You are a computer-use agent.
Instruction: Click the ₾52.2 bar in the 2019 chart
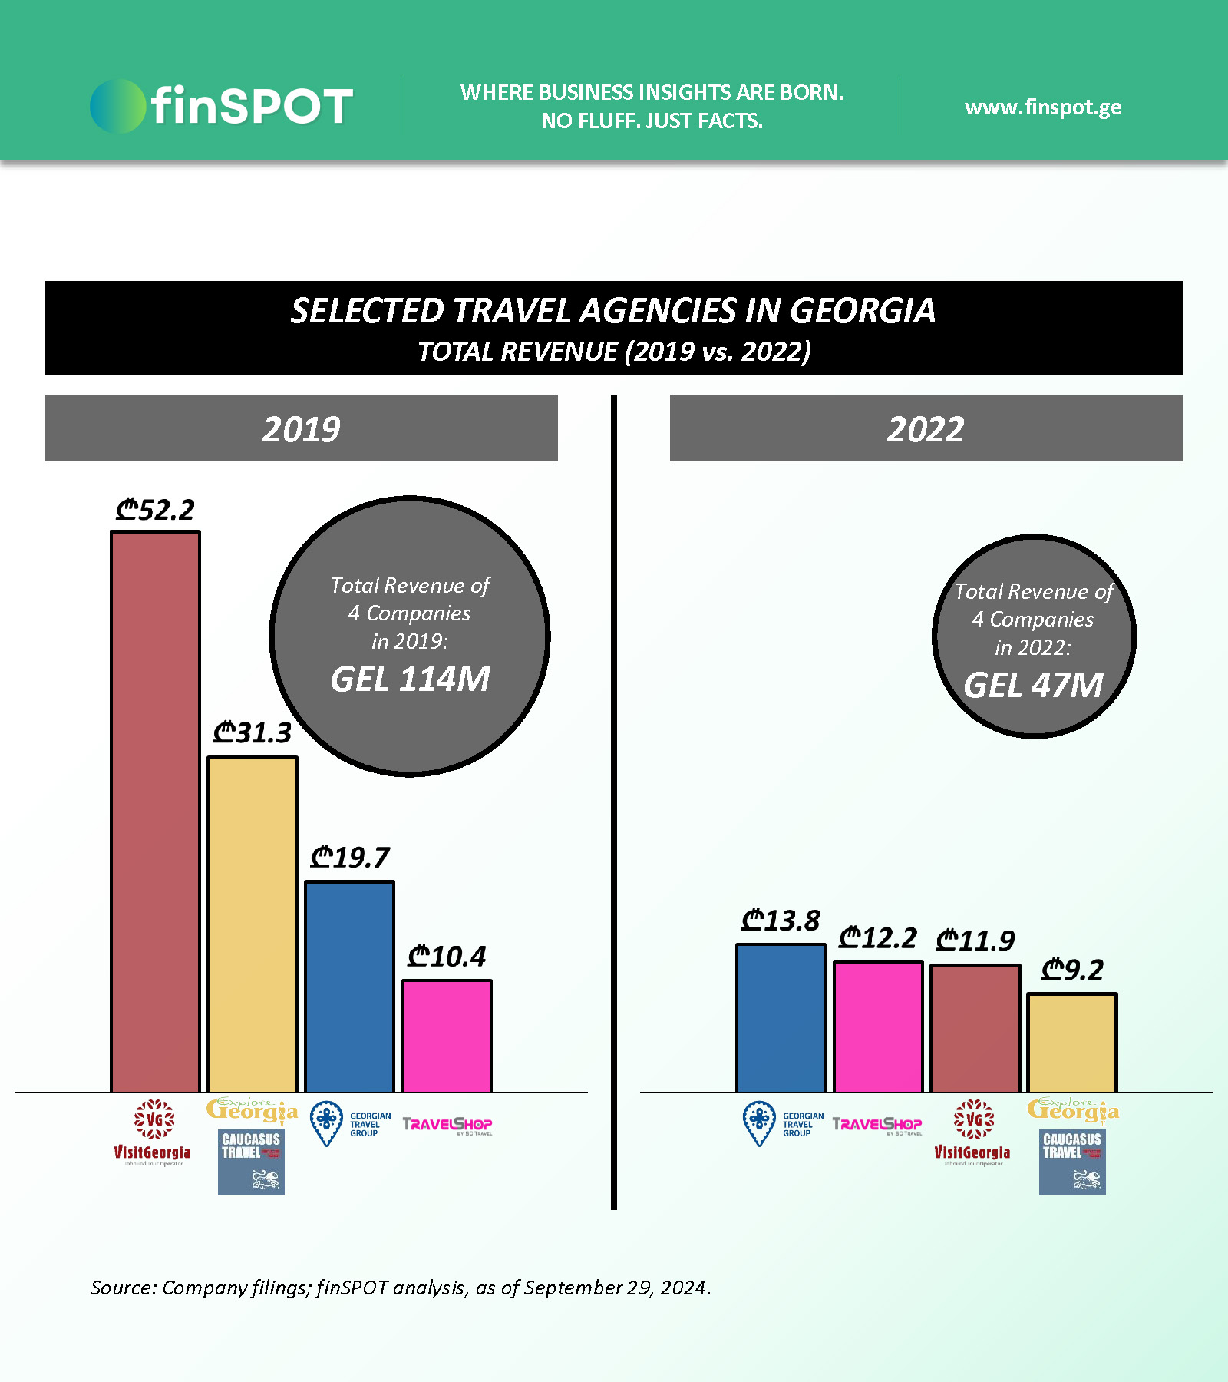[155, 811]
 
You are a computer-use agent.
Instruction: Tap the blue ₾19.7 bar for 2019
[349, 986]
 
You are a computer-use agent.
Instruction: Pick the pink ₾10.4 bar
[447, 1036]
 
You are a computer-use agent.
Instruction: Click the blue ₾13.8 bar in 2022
[781, 1017]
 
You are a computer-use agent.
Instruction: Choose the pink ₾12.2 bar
[878, 1027]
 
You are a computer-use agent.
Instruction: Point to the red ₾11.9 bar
[975, 1028]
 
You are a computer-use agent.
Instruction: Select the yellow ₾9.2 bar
[1072, 1043]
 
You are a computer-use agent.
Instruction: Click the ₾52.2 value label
[155, 510]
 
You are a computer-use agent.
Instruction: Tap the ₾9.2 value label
[1072, 970]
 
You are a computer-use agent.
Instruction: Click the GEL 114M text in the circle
[410, 679]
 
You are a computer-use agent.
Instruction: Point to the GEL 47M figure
[1033, 686]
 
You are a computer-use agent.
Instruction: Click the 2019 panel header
[301, 428]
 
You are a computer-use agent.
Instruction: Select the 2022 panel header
[926, 428]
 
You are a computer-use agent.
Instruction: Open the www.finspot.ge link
[1043, 107]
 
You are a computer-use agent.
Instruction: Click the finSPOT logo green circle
[117, 106]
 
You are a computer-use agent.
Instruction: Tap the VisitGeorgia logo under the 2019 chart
[153, 1132]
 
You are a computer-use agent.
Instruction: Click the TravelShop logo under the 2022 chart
[877, 1125]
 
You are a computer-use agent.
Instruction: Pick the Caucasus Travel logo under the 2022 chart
[1072, 1162]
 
